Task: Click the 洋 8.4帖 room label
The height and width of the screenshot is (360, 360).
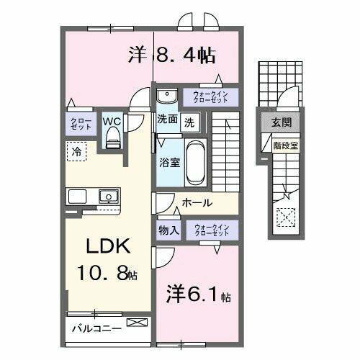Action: pos(174,54)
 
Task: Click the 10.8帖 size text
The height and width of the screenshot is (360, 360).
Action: pos(109,273)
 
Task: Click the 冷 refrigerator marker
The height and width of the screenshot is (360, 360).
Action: pos(76,151)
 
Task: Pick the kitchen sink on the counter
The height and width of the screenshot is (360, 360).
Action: pos(108,195)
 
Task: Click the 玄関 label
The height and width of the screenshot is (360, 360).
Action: pos(281,123)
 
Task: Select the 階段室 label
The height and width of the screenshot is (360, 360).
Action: pos(282,144)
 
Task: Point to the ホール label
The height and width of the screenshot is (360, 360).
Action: pos(197,203)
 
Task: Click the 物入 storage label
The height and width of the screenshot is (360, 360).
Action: pos(168,230)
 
